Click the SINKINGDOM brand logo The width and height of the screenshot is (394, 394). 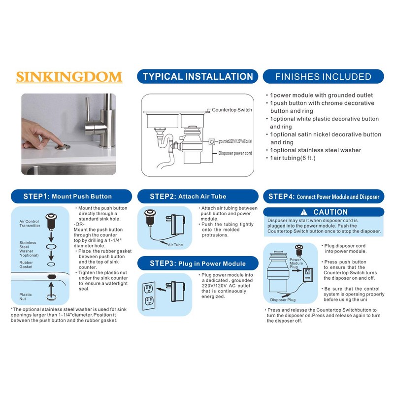point(69,77)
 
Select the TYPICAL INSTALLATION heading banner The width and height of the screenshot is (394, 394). point(197,76)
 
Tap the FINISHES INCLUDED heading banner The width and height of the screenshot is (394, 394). point(323,76)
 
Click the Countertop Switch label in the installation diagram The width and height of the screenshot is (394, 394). point(231,110)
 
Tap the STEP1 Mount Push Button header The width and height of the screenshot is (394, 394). point(67,196)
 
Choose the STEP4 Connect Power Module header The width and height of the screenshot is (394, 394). point(324,196)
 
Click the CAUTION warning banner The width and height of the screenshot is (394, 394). point(324,212)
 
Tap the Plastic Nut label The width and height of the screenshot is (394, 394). point(26,296)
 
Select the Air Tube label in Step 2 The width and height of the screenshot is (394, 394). point(175,245)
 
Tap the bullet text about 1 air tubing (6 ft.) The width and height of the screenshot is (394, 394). point(293,158)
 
